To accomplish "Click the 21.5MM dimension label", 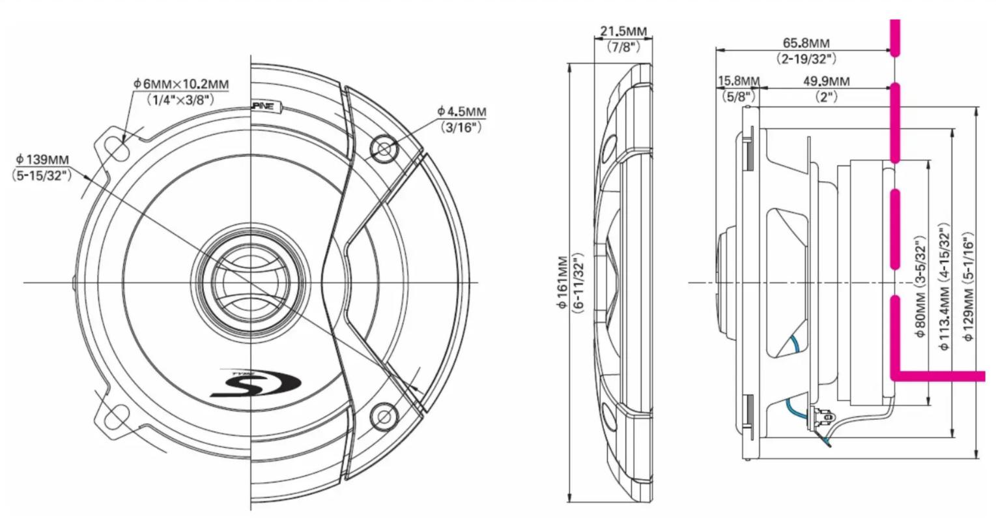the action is click(623, 31).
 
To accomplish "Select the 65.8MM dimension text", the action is click(806, 43).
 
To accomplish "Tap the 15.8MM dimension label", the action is click(739, 81).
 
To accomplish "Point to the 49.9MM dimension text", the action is click(826, 81).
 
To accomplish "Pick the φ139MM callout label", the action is click(42, 159).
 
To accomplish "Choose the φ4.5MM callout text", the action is click(462, 111).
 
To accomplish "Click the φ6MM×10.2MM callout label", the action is click(181, 83).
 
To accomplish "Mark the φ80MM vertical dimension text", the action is click(920, 313).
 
